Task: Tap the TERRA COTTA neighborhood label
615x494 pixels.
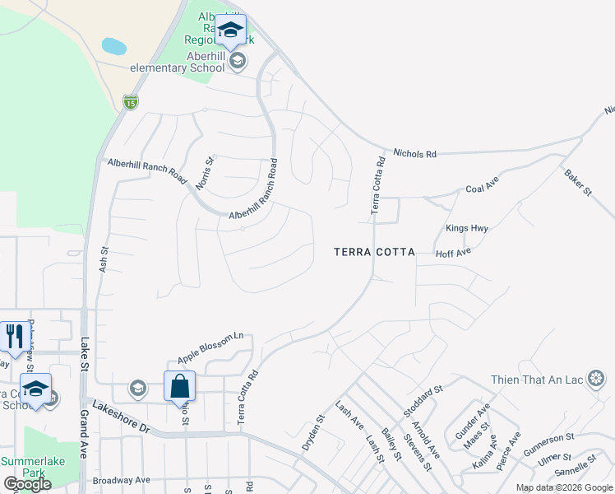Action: click(x=374, y=252)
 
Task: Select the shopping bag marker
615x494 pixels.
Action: click(x=179, y=387)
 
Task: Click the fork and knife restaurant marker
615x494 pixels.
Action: click(x=14, y=337)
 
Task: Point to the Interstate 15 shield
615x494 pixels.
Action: click(x=130, y=101)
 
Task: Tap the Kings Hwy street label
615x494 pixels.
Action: click(x=467, y=228)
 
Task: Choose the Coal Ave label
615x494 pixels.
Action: click(x=483, y=188)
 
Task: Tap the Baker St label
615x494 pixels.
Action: click(x=577, y=182)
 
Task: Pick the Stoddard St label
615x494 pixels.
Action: click(x=423, y=399)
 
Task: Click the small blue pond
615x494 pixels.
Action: click(x=114, y=46)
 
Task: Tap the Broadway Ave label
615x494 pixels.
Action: click(x=121, y=479)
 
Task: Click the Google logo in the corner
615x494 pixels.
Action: click(x=27, y=484)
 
